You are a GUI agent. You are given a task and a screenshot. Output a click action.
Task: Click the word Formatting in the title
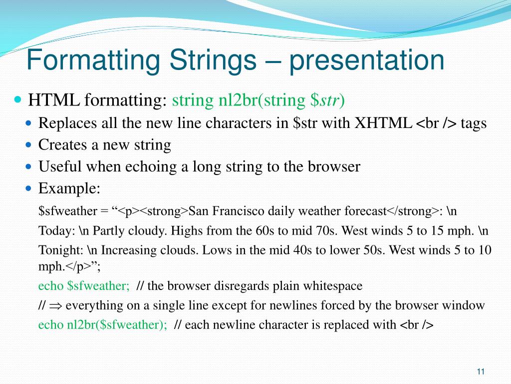[93, 60]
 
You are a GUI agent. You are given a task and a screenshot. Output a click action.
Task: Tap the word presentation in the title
[367, 60]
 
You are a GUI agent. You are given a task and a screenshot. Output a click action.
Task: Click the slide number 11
[481, 371]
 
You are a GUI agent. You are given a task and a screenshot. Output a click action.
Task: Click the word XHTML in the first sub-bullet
[383, 123]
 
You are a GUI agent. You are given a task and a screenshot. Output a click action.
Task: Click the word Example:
[69, 188]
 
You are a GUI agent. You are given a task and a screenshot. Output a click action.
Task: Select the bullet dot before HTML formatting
[17, 99]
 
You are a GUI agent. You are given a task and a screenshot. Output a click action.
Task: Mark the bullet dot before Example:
[29, 188]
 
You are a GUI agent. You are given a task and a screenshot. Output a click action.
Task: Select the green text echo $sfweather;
[84, 285]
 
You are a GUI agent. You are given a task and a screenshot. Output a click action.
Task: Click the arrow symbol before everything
[56, 306]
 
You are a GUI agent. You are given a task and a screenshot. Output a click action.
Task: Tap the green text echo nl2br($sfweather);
[103, 325]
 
